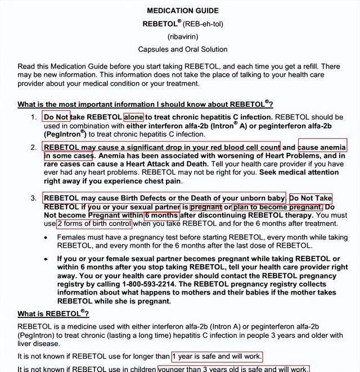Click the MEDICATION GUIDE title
183,11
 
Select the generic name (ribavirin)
183,37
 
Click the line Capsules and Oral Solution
183,49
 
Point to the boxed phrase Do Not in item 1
56,117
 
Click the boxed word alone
134,117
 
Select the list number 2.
34,147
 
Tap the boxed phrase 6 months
162,215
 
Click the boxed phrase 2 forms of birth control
94,224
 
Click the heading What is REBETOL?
53,314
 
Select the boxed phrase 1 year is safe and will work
217,356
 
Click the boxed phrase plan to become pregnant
278,207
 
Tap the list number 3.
34,198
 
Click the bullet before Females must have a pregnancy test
46,238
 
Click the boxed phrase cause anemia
322,147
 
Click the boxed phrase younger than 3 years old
233,369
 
